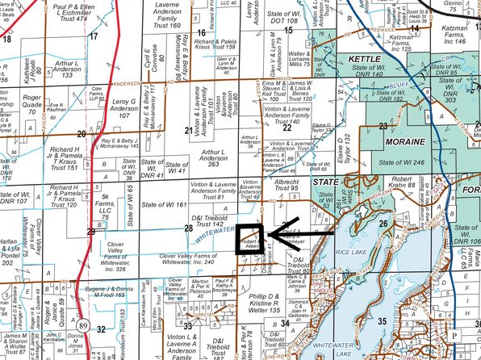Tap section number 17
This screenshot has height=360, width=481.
pyautogui.click(x=94, y=36)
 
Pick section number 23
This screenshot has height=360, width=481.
pyautogui.click(x=383, y=126)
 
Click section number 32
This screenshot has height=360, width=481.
pyautogui.click(x=100, y=329)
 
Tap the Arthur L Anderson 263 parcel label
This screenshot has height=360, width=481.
pyautogui.click(x=212, y=157)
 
